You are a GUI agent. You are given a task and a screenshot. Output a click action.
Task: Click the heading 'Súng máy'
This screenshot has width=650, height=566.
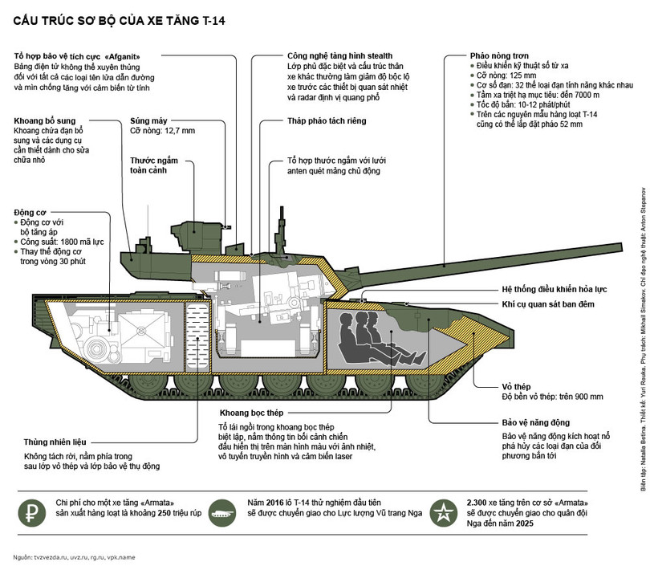(150, 120)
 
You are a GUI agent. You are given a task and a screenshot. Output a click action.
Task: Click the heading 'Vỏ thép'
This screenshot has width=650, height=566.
(519, 384)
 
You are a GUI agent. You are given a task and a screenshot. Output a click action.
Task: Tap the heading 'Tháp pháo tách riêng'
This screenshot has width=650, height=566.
(324, 121)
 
